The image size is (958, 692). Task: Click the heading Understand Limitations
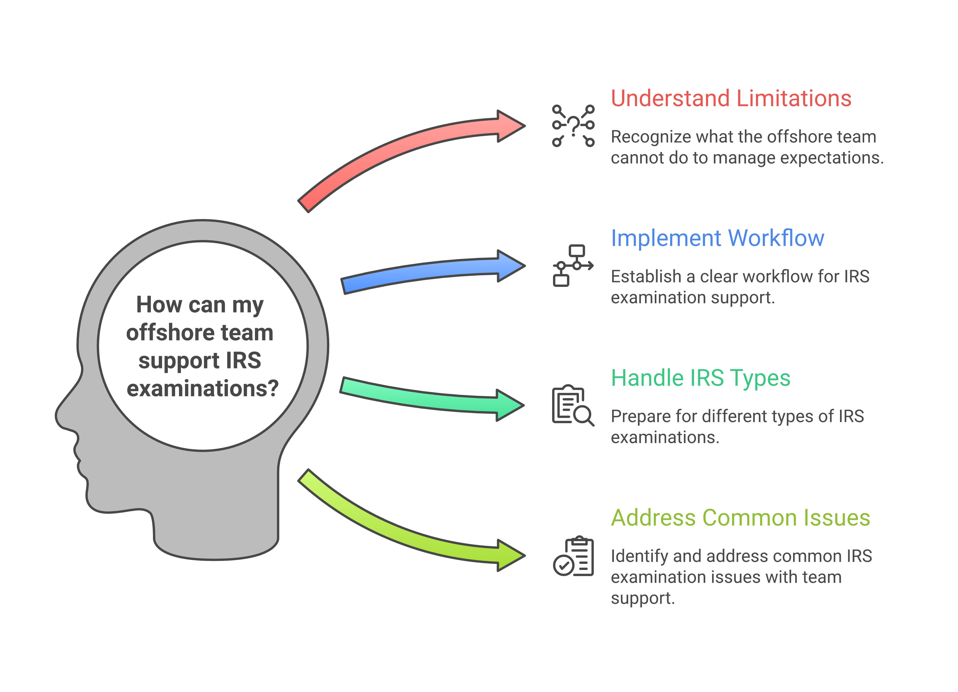tap(731, 98)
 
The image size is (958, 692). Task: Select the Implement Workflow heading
tap(717, 238)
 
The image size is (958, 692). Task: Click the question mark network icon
tap(573, 126)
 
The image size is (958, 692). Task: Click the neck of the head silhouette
tap(215, 528)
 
